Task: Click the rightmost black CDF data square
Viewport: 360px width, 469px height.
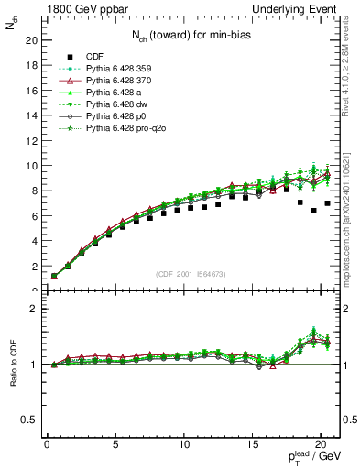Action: [x=328, y=203]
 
